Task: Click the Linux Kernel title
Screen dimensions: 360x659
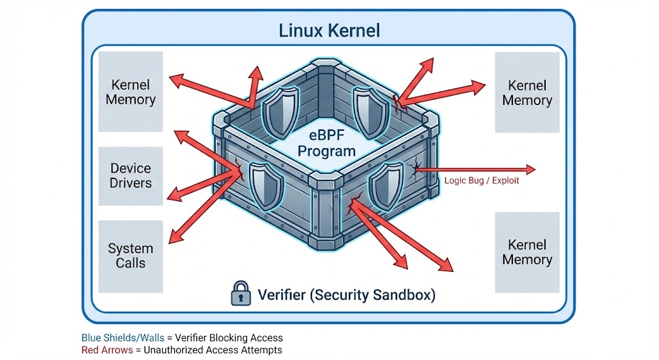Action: coord(329,30)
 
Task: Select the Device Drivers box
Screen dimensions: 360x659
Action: coord(131,176)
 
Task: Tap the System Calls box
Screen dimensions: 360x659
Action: coord(131,256)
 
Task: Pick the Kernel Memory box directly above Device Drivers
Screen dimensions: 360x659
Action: coord(131,92)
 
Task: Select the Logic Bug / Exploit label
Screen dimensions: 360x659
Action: coord(481,181)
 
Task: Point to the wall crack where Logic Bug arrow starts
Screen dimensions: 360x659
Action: coord(416,169)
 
